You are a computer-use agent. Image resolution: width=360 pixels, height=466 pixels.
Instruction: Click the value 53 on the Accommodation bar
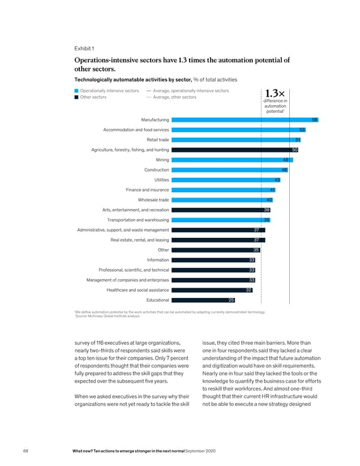point(302,130)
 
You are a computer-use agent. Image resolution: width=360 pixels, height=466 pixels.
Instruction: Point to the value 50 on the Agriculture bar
point(295,150)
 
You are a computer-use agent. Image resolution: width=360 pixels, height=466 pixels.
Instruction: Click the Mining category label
point(162,160)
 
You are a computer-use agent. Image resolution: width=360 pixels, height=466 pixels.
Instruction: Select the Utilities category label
point(161,180)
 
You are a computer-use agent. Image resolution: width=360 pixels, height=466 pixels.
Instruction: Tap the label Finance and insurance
point(147,190)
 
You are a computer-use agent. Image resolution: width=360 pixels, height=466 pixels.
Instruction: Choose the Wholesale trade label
point(153,200)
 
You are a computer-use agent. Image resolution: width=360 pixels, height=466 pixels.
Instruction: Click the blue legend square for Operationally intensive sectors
point(76,91)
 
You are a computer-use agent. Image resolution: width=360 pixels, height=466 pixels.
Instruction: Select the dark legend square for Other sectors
point(76,97)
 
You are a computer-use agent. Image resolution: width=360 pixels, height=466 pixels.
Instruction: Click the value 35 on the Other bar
point(256,250)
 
